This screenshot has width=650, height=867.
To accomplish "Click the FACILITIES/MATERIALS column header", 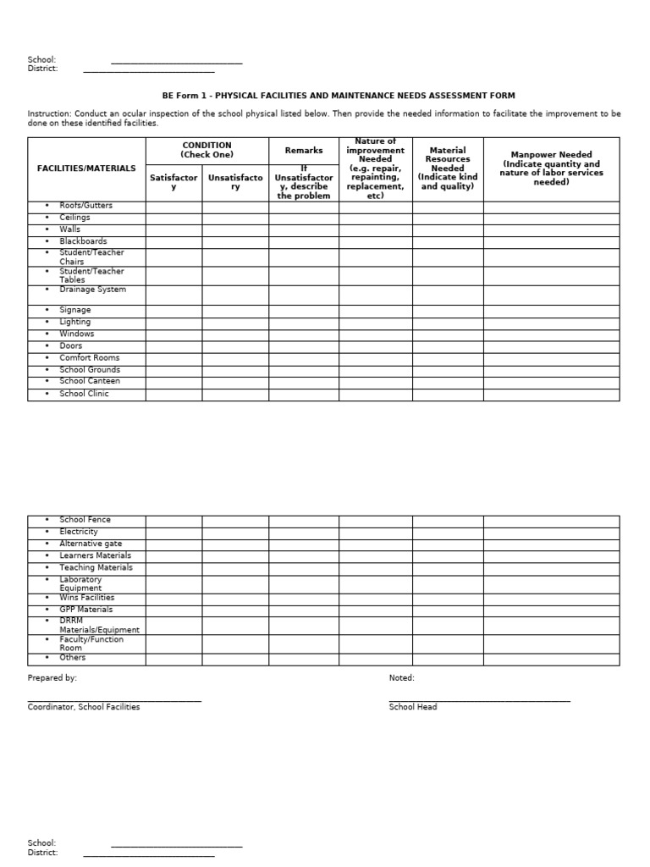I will pyautogui.click(x=86, y=168).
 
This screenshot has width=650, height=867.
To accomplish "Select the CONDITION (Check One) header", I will pyautogui.click(x=207, y=150).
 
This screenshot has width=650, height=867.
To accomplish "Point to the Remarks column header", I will pyautogui.click(x=304, y=151).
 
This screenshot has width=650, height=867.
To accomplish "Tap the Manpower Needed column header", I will pyautogui.click(x=551, y=168).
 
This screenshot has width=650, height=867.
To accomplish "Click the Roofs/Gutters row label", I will pyautogui.click(x=85, y=206).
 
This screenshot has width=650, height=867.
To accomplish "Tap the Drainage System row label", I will pyautogui.click(x=92, y=290).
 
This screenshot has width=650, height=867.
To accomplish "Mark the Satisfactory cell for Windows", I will pyautogui.click(x=174, y=334).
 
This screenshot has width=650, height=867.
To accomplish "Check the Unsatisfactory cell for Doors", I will pyautogui.click(x=235, y=345).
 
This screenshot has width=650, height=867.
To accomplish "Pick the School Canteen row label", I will pyautogui.click(x=90, y=381).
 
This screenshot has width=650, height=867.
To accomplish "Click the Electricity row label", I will pyautogui.click(x=79, y=532).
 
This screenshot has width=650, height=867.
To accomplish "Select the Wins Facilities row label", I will pyautogui.click(x=86, y=598).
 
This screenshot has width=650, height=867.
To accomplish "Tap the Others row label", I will pyautogui.click(x=73, y=658).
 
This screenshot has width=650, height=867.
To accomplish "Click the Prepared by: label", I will pyautogui.click(x=52, y=678).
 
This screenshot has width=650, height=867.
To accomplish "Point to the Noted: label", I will pyautogui.click(x=402, y=678).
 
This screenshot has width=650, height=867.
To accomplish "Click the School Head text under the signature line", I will pyautogui.click(x=413, y=707).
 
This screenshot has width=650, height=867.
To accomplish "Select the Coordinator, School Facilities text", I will pyautogui.click(x=84, y=707).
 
